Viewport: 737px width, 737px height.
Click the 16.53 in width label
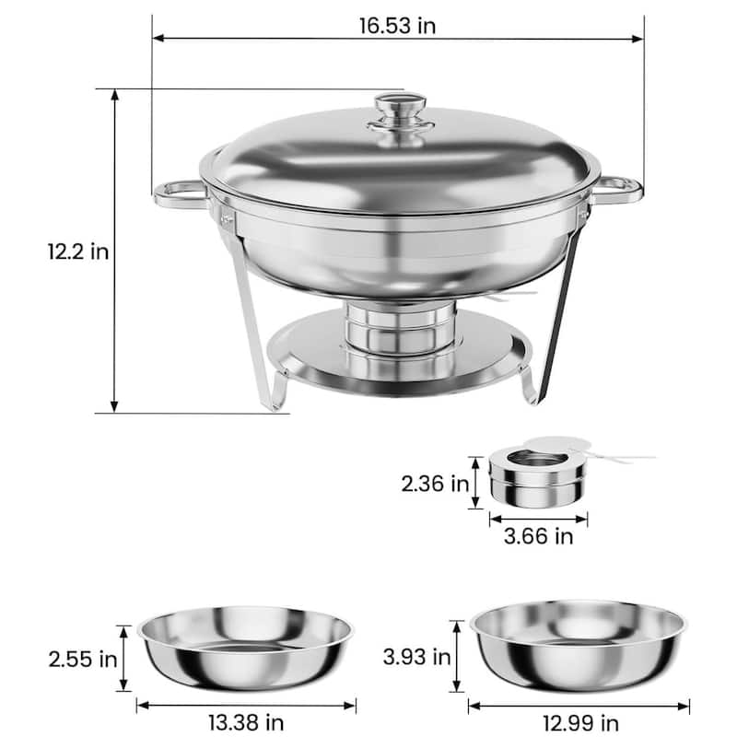397,25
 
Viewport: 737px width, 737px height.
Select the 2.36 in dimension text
434,483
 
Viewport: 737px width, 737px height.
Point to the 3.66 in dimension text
538,534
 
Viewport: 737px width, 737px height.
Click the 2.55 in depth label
84,659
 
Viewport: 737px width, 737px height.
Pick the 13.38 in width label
246,721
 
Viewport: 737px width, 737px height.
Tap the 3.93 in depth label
417,657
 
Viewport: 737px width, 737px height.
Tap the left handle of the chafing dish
178,192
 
